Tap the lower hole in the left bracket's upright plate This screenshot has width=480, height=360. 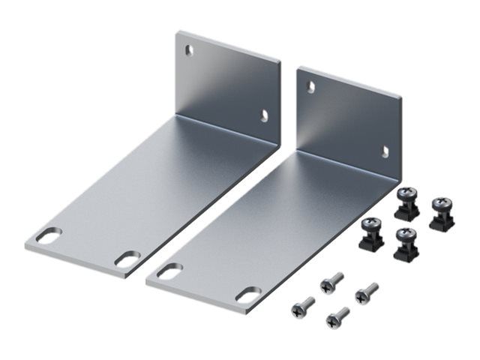(x=264, y=115)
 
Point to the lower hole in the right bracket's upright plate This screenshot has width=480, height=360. (x=385, y=151)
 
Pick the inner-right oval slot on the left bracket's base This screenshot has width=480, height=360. (x=127, y=259)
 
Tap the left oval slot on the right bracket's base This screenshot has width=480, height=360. (x=170, y=270)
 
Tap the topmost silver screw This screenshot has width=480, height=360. (x=331, y=282)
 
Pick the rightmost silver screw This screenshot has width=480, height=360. (x=367, y=292)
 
